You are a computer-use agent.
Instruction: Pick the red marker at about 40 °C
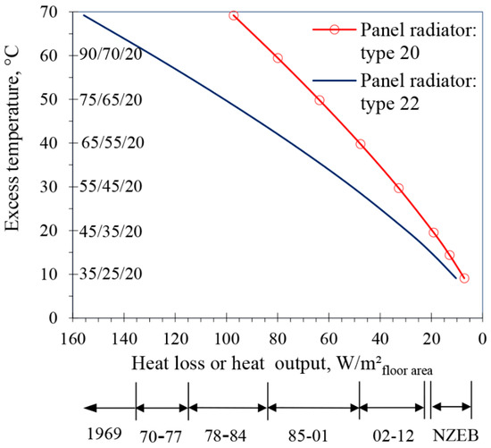click(361, 143)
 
